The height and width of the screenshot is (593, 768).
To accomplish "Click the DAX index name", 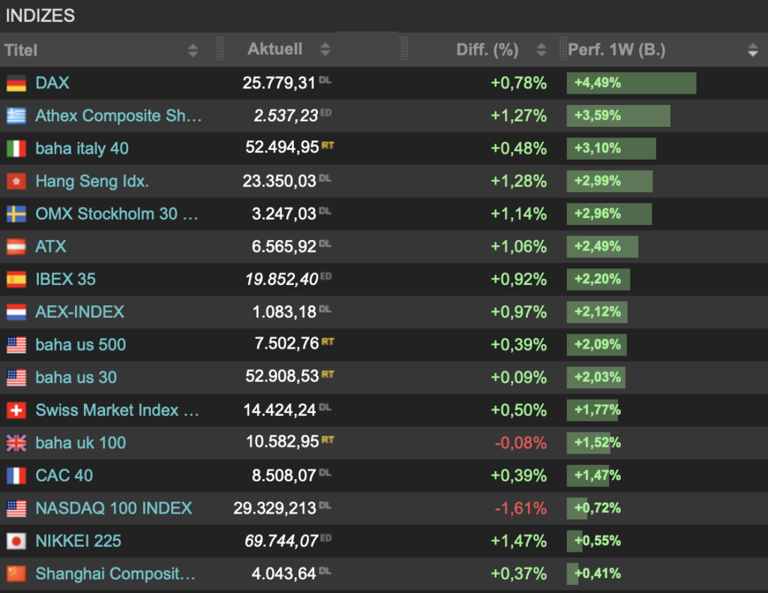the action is pyautogui.click(x=52, y=82).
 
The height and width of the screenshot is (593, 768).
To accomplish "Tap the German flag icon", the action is pyautogui.click(x=16, y=83).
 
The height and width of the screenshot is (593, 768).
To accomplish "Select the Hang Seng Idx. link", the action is pyautogui.click(x=92, y=181).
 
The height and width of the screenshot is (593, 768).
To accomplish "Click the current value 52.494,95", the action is pyautogui.click(x=282, y=147).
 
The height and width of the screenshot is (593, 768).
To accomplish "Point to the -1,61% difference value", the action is pyautogui.click(x=520, y=508).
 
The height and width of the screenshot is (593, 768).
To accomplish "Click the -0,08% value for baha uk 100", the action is pyautogui.click(x=520, y=442).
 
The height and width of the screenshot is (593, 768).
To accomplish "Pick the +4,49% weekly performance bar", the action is pyautogui.click(x=631, y=82).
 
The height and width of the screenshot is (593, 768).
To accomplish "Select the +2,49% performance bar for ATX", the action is pyautogui.click(x=602, y=247).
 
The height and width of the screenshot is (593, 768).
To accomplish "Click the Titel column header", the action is pyautogui.click(x=21, y=50).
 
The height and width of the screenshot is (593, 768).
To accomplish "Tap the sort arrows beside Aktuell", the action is pyautogui.click(x=325, y=49).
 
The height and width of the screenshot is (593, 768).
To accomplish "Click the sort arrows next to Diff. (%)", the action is pyautogui.click(x=541, y=49).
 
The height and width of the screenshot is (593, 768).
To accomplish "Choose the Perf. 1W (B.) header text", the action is pyautogui.click(x=616, y=49).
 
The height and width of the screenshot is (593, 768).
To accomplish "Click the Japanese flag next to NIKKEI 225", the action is pyautogui.click(x=16, y=541).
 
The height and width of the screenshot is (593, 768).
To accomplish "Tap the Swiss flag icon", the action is pyautogui.click(x=16, y=410).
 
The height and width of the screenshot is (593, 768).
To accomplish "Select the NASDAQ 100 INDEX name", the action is pyautogui.click(x=114, y=508).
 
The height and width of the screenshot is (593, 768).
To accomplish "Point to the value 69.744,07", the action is pyautogui.click(x=282, y=541).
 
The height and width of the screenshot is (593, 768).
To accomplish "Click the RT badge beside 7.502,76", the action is pyautogui.click(x=328, y=342).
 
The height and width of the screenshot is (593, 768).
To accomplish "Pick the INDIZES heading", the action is pyautogui.click(x=40, y=16).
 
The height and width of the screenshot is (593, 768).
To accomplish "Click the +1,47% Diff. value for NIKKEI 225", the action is pyautogui.click(x=519, y=541).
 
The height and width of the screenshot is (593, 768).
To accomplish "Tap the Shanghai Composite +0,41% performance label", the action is pyautogui.click(x=598, y=574).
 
